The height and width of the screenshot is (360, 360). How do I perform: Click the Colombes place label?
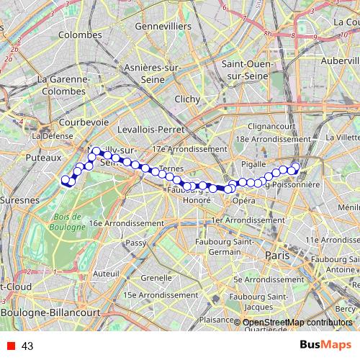click(79, 35)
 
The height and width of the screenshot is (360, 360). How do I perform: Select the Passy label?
click(137, 243)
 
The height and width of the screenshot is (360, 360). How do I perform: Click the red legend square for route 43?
click(8, 346)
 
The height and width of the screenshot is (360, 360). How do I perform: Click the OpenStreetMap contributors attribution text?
click(297, 323)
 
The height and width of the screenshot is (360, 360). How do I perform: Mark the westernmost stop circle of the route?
click(65, 180)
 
